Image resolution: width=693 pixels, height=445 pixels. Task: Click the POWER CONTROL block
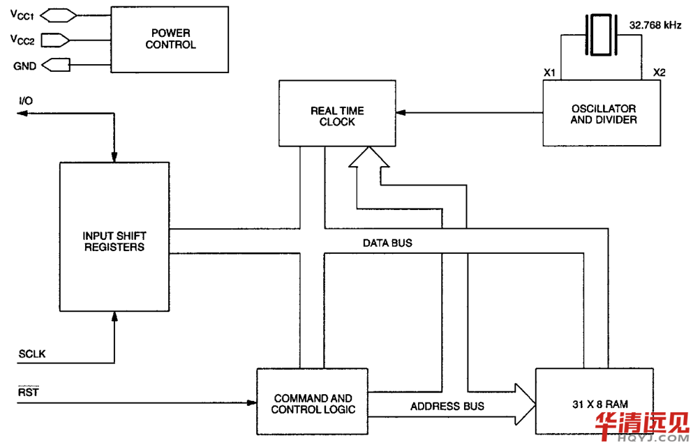[x=171, y=39]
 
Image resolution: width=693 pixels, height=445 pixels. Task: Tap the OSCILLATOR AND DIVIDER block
[x=602, y=114]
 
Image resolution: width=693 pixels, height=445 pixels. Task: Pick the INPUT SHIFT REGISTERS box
[x=114, y=237]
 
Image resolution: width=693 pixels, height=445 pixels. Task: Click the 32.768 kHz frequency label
[x=655, y=24]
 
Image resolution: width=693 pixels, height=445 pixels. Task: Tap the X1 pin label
[x=549, y=73]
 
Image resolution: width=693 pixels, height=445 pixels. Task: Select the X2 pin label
[x=659, y=73]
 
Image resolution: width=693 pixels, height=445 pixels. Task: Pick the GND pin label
[x=21, y=66]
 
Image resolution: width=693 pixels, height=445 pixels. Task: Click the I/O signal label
[x=26, y=101]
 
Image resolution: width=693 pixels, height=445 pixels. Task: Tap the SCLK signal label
[x=31, y=354]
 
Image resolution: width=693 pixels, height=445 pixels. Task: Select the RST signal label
[x=28, y=391]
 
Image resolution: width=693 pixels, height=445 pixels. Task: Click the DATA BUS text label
[x=387, y=243]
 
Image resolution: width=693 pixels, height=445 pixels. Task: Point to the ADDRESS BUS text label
[x=447, y=406]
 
